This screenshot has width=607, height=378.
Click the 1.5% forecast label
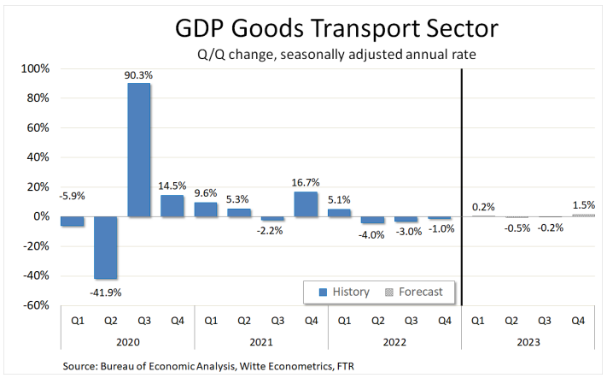pos(584,205)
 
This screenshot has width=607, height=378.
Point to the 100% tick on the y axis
pos(34,68)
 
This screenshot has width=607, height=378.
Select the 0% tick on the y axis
pos(40,216)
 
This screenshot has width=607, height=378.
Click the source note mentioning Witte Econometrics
pos(209,365)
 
